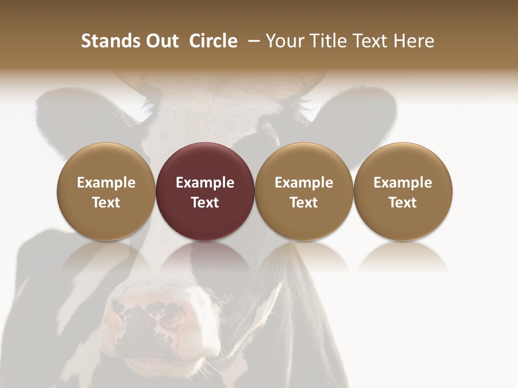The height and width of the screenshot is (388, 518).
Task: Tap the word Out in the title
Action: [160, 41]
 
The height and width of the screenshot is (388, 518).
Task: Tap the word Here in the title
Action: [414, 41]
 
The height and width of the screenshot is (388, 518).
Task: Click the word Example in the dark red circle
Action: [205, 183]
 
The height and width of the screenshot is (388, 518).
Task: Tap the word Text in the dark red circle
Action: [205, 203]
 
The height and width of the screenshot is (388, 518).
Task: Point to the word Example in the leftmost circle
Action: [106, 183]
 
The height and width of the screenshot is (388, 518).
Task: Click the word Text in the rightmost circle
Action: [403, 203]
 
